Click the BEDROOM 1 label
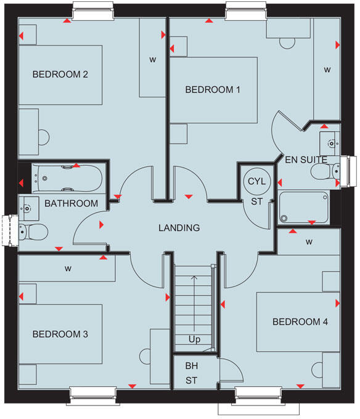(x=213, y=89)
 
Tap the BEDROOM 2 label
(x=60, y=75)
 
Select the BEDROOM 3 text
(x=60, y=334)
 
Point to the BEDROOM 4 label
(x=297, y=322)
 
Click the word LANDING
(x=179, y=227)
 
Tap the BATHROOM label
(x=71, y=203)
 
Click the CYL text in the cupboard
(x=255, y=181)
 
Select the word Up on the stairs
(x=195, y=340)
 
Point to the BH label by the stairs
(x=192, y=366)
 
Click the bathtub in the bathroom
(x=68, y=178)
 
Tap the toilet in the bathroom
(x=34, y=232)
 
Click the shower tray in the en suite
(x=304, y=206)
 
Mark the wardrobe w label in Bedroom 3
(x=68, y=269)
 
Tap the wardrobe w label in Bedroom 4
(x=308, y=241)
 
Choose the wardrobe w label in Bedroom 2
(x=152, y=60)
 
